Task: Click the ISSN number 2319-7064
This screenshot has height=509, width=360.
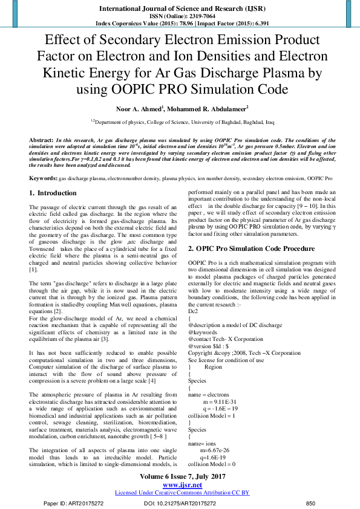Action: coord(198,18)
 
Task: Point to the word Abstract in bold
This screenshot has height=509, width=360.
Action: coord(41,140)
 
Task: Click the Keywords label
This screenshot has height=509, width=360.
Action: coord(43,179)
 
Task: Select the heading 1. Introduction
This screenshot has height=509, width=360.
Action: coord(53,193)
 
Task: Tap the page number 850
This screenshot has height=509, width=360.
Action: coord(311,503)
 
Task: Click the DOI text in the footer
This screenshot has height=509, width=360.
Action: coord(178,503)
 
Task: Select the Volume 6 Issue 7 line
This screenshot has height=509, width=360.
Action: coord(180,476)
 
